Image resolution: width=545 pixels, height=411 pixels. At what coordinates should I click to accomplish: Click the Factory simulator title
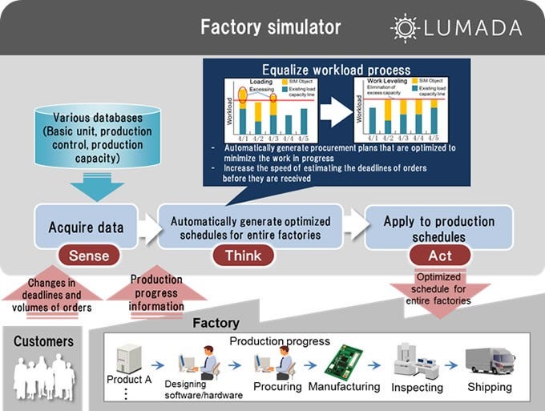[x=270, y=27]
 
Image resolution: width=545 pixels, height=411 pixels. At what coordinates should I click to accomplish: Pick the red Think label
[x=242, y=256]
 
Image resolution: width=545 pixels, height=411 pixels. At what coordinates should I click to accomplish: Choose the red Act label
[x=439, y=256]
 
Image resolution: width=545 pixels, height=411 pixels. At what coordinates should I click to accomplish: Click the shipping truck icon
[x=490, y=360]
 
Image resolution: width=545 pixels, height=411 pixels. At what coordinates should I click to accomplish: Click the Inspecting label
[x=417, y=387]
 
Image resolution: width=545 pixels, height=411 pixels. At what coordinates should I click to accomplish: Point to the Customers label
[x=44, y=341]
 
